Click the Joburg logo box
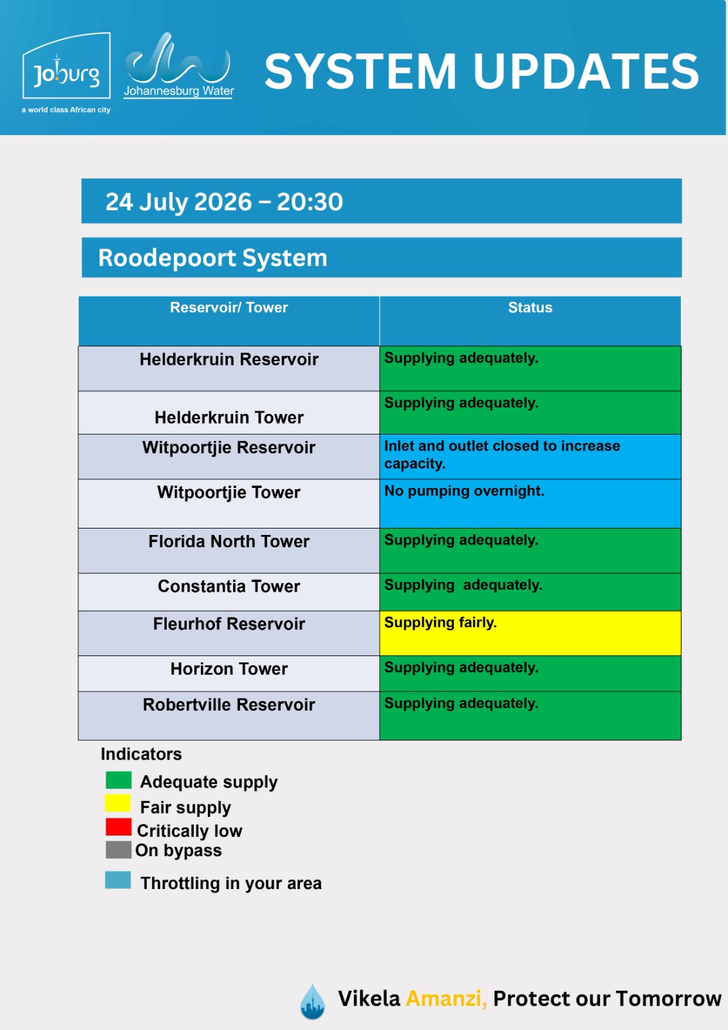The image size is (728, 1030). pyautogui.click(x=66, y=65)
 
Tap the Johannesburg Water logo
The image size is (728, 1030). pyautogui.click(x=178, y=65)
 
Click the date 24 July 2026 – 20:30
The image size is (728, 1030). pyautogui.click(x=224, y=201)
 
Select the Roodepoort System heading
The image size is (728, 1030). pyautogui.click(x=212, y=257)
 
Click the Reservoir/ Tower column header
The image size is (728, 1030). pyautogui.click(x=229, y=307)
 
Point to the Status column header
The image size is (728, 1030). pyautogui.click(x=530, y=307)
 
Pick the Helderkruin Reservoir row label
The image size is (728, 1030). pyautogui.click(x=229, y=359)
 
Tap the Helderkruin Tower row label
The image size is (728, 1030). pyautogui.click(x=229, y=417)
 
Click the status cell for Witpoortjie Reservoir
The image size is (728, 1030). pyautogui.click(x=530, y=456)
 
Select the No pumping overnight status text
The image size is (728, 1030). pyautogui.click(x=464, y=491)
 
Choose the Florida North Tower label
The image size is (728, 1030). pyautogui.click(x=229, y=541)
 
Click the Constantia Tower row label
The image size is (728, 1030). pyautogui.click(x=229, y=586)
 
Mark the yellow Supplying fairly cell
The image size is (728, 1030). pyautogui.click(x=530, y=633)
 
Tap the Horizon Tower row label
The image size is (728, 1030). pyautogui.click(x=229, y=669)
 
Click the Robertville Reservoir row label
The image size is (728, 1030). pyautogui.click(x=229, y=704)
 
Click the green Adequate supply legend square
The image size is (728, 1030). pyautogui.click(x=118, y=780)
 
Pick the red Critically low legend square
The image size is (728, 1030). pyautogui.click(x=118, y=827)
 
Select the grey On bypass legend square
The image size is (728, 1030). pyautogui.click(x=118, y=850)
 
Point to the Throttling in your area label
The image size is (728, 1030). pyautogui.click(x=231, y=883)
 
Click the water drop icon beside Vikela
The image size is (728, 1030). pyautogui.click(x=313, y=1001)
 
